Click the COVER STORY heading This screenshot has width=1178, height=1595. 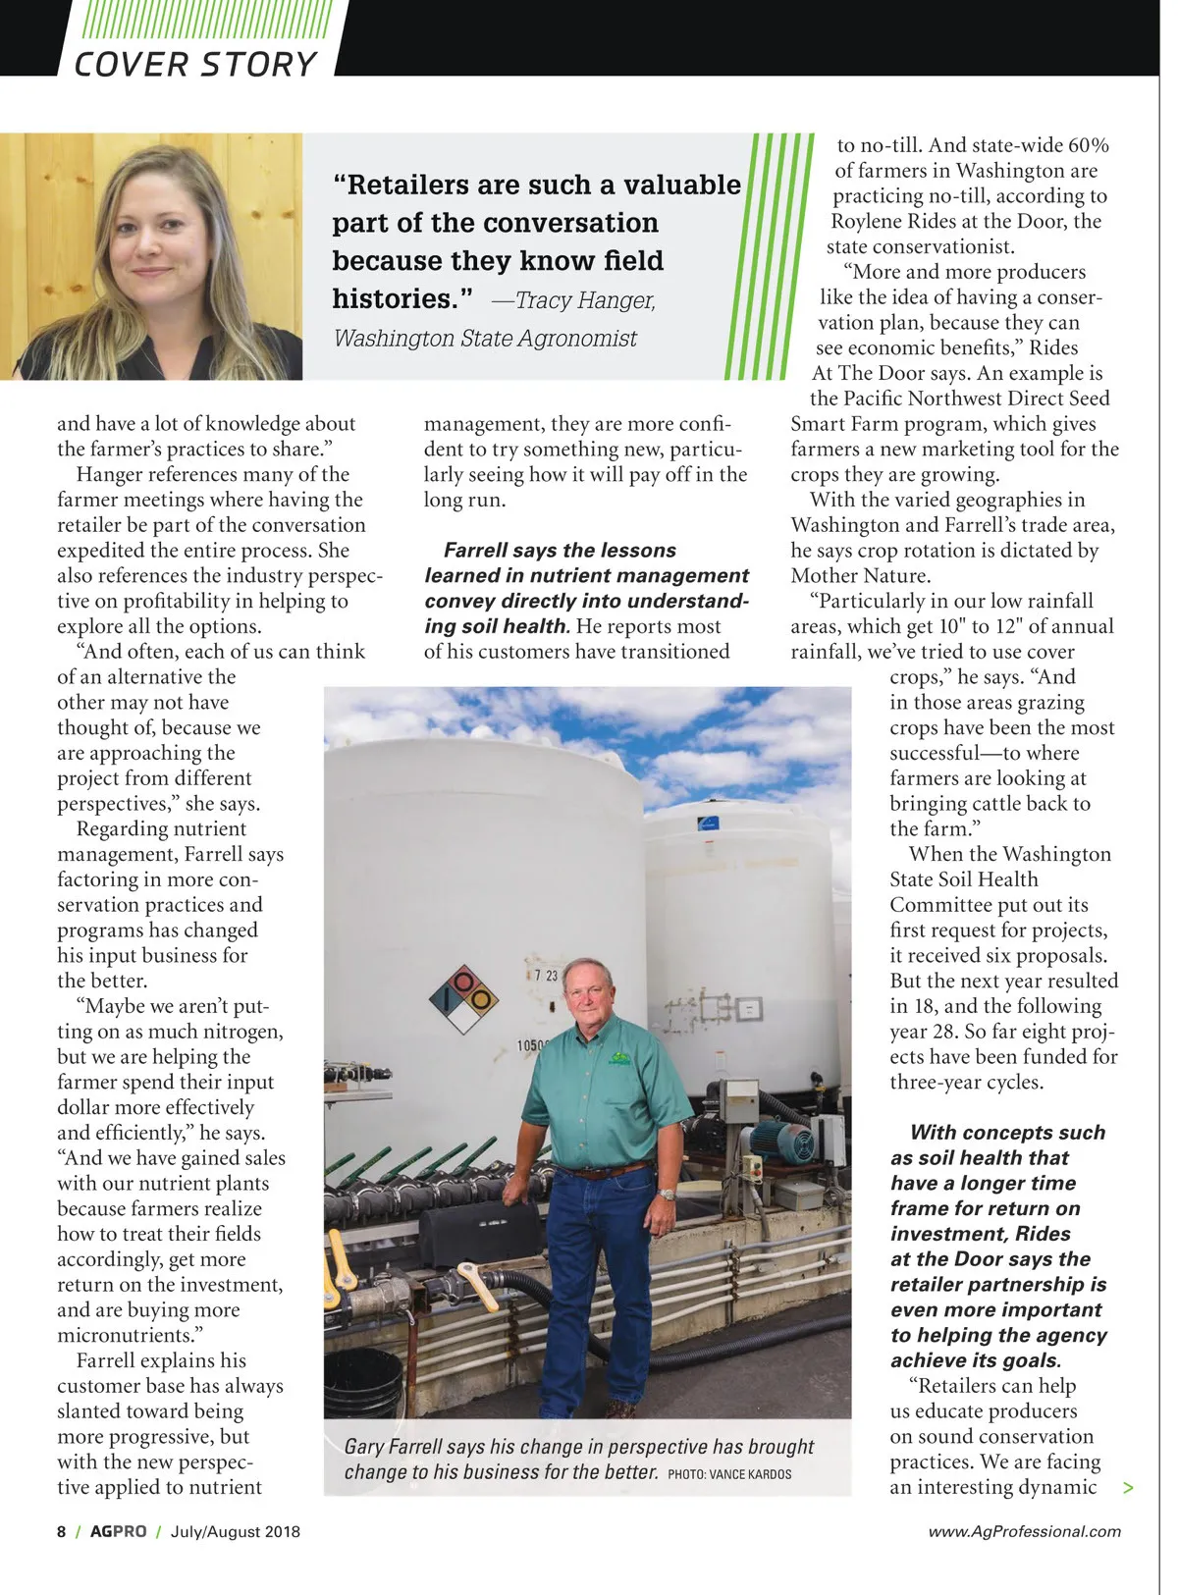195,64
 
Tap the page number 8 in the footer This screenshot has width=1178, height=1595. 61,1531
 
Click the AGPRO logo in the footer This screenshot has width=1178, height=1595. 118,1531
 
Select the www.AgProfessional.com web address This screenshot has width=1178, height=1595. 1024,1531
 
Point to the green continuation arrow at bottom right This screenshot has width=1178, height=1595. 1128,1488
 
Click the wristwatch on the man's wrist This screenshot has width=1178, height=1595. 669,1195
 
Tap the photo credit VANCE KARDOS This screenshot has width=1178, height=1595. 729,1474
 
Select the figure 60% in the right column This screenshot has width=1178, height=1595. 1088,145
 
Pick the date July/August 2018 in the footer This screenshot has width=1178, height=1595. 236,1531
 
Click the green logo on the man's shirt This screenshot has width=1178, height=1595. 619,1059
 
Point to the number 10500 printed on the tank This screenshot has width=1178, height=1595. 532,1045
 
